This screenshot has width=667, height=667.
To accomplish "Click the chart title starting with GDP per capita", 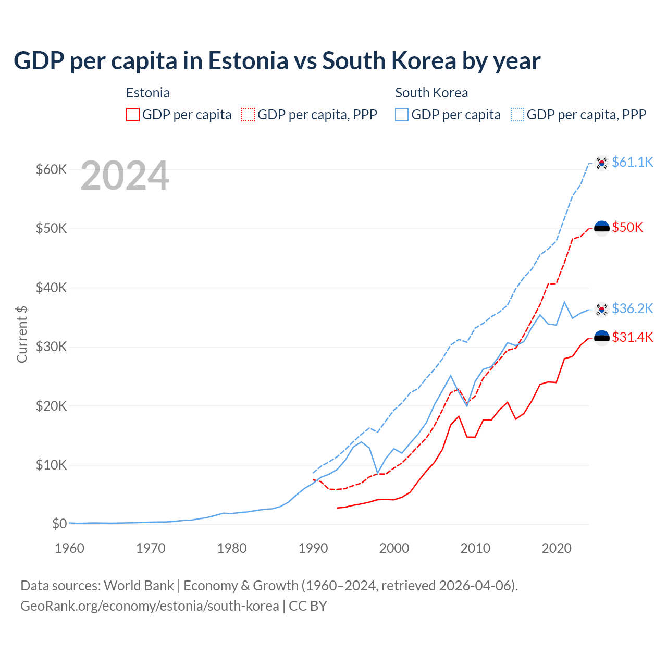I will click(x=277, y=61).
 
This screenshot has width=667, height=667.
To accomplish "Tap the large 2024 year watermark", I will click(x=125, y=176).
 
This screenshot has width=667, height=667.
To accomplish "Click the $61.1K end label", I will click(x=632, y=162).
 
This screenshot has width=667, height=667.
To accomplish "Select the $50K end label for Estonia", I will click(x=627, y=227).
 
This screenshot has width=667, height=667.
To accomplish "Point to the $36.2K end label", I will click(x=632, y=308).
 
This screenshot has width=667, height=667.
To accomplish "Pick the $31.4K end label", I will click(x=632, y=337).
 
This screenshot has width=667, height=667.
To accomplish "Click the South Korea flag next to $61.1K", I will click(x=602, y=163).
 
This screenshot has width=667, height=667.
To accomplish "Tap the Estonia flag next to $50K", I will click(x=602, y=228).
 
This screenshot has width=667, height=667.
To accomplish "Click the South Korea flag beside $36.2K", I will click(x=602, y=310).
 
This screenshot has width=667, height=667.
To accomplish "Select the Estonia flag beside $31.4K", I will click(x=602, y=338).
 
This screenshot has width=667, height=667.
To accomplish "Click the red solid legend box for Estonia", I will click(x=133, y=115).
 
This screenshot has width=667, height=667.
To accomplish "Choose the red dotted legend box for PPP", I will click(x=248, y=115).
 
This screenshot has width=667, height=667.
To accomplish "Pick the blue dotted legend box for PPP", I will click(x=517, y=115).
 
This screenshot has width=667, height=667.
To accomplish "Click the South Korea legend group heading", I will click(x=431, y=93).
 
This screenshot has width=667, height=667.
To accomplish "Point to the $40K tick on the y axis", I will click(x=51, y=288).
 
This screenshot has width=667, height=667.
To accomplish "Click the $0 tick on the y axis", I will click(x=59, y=524).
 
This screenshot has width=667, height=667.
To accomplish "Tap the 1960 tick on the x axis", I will click(x=69, y=548).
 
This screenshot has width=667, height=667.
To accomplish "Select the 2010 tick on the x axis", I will click(x=475, y=548).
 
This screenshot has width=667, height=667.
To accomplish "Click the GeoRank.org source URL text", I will click(x=150, y=606).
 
